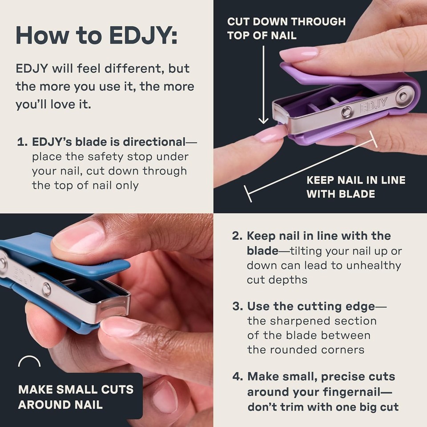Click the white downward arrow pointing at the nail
(264, 85)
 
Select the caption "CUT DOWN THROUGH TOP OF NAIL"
(286, 28)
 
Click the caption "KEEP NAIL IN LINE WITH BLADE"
(356, 187)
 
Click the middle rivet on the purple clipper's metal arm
(346, 112)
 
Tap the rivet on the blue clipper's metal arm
(46, 290)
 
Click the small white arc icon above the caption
(29, 362)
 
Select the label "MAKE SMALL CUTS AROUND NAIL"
(76, 397)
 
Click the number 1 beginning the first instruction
(20, 143)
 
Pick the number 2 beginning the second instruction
(236, 236)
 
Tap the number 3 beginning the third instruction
(236, 306)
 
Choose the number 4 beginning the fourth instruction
(237, 377)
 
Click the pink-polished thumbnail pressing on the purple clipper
(298, 54)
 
